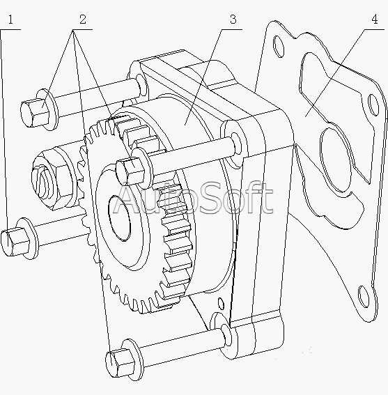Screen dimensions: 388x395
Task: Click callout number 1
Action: (10, 20)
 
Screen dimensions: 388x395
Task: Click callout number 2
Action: (83, 20)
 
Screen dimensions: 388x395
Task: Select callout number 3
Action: (233, 20)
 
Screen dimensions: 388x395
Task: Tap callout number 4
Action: (375, 20)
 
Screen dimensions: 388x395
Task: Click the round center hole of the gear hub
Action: (119, 218)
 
